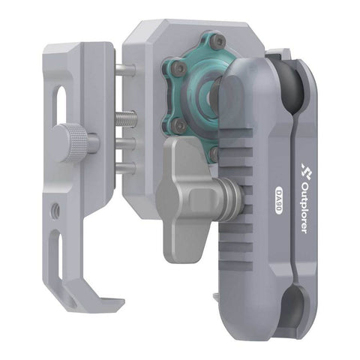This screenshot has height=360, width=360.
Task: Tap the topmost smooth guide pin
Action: [x=125, y=71]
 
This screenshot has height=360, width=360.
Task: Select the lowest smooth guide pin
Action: [x=125, y=167]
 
